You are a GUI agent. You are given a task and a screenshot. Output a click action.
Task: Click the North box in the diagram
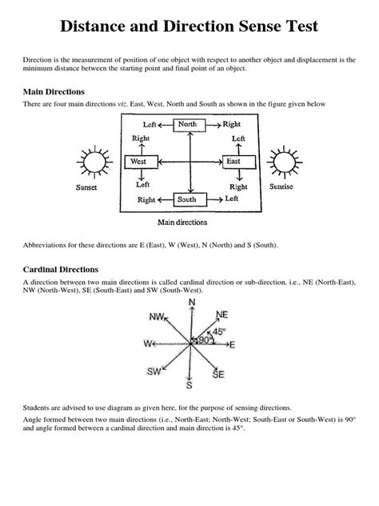(x=188, y=124)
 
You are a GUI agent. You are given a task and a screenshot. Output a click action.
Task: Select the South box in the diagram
(x=186, y=199)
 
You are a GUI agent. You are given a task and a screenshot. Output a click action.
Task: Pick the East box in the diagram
(x=233, y=162)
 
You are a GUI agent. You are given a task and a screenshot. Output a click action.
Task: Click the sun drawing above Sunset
(x=90, y=163)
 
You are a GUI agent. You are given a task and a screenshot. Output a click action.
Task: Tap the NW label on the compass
(x=156, y=317)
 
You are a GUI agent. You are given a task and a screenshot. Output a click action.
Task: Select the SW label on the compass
(x=154, y=371)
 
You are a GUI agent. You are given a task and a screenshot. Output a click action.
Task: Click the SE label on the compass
(x=219, y=374)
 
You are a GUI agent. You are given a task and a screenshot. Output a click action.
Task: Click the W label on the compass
(x=148, y=344)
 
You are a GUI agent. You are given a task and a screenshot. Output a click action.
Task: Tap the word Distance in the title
(x=98, y=27)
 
